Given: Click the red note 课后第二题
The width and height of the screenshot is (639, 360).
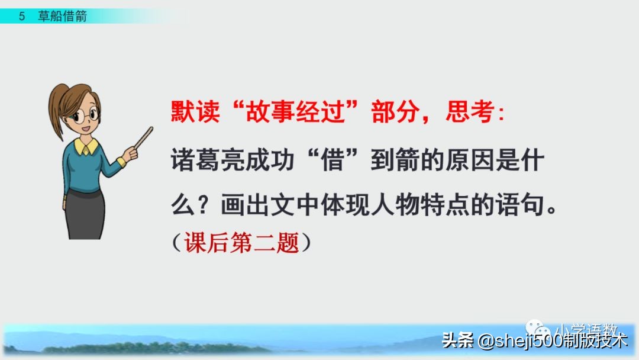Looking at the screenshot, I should coord(242,243).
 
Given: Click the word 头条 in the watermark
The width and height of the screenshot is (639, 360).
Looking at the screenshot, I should coord(457,341).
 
